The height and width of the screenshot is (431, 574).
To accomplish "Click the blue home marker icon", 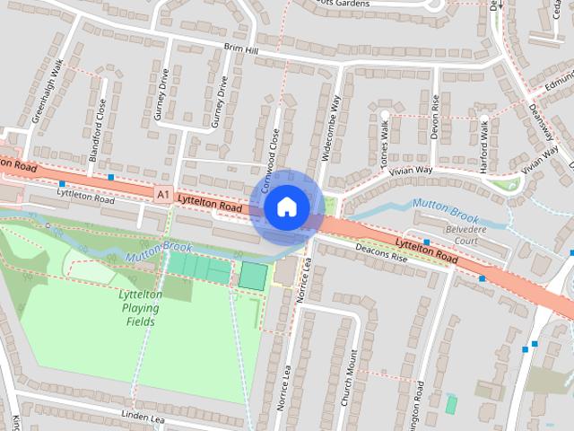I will (286, 207).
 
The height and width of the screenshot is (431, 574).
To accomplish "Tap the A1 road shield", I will (161, 193).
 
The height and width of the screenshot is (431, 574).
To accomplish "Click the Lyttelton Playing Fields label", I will (140, 307).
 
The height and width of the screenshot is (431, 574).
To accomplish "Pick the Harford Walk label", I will (484, 143).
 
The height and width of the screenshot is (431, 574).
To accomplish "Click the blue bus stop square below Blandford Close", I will (110, 177).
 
